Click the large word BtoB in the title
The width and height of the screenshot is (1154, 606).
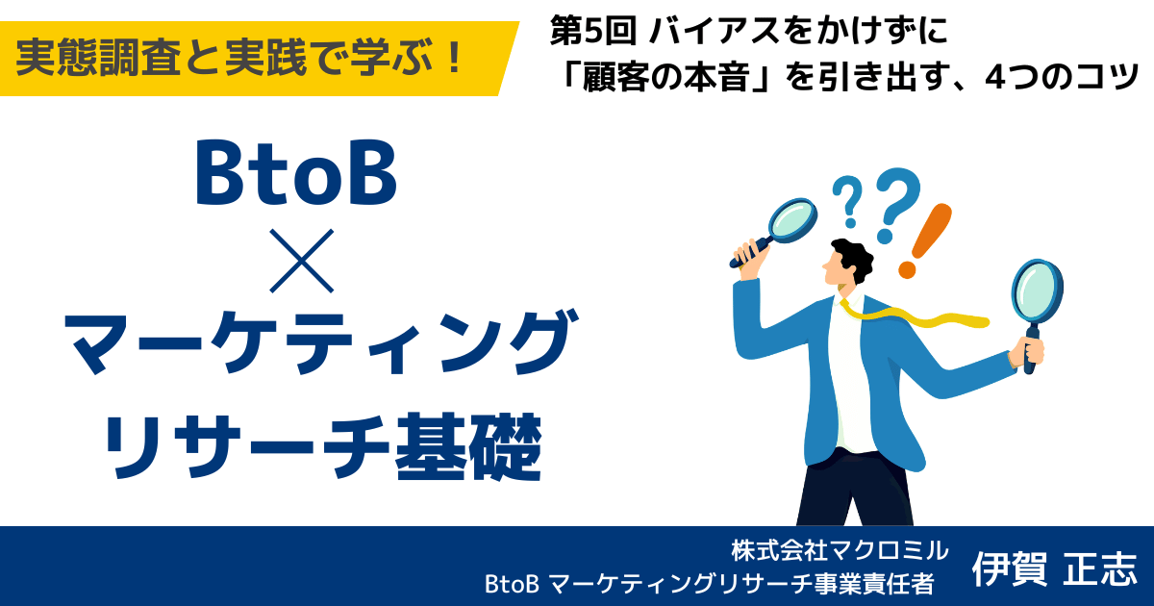pyautogui.click(x=296, y=172)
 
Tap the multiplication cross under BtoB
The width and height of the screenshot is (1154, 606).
pyautogui.click(x=301, y=261)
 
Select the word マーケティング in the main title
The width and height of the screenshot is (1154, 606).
pyautogui.click(x=320, y=342)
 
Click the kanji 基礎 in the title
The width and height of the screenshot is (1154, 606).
pyautogui.click(x=467, y=446)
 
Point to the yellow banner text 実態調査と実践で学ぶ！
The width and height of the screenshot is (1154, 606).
pyautogui.click(x=239, y=58)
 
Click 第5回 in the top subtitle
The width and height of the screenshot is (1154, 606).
pyautogui.click(x=593, y=31)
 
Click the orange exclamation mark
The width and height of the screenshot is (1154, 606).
pyautogui.click(x=925, y=241)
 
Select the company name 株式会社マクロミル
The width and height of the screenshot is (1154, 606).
pyautogui.click(x=840, y=550)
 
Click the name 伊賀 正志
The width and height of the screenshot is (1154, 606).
pyautogui.click(x=1054, y=568)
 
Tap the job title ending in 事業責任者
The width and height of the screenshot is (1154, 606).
pyautogui.click(x=709, y=584)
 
